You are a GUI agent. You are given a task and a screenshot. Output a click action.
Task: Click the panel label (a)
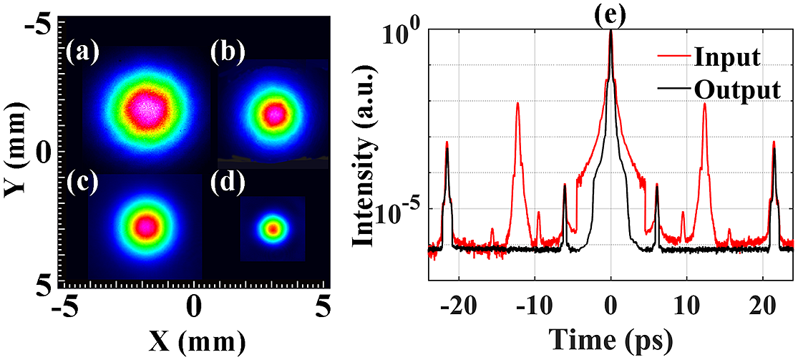click(x=82, y=53)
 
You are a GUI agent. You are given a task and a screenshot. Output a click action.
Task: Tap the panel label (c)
click(x=82, y=185)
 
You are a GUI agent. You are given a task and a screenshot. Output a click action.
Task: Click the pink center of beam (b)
click(x=273, y=113)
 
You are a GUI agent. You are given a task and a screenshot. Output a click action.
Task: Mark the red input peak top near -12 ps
click(x=517, y=104)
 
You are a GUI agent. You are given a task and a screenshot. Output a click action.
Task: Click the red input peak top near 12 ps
click(x=704, y=104)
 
